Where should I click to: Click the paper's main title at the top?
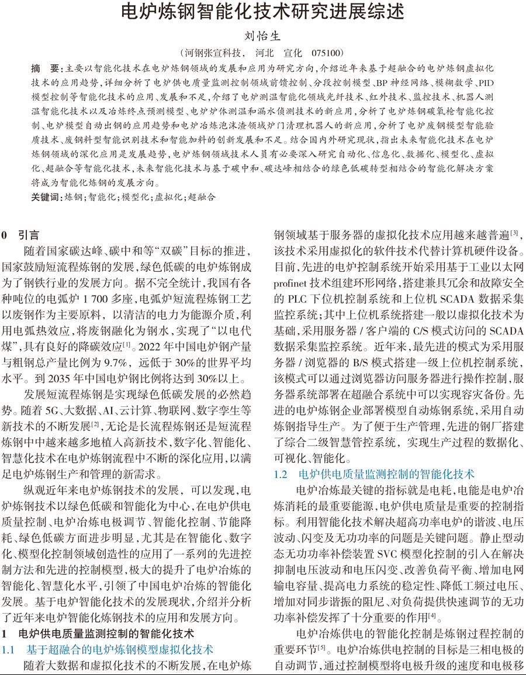(262, 11)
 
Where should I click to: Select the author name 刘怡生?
(262, 34)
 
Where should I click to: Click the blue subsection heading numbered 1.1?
(108, 649)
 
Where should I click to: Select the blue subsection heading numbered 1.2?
(375, 474)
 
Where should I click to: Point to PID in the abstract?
(486, 82)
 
